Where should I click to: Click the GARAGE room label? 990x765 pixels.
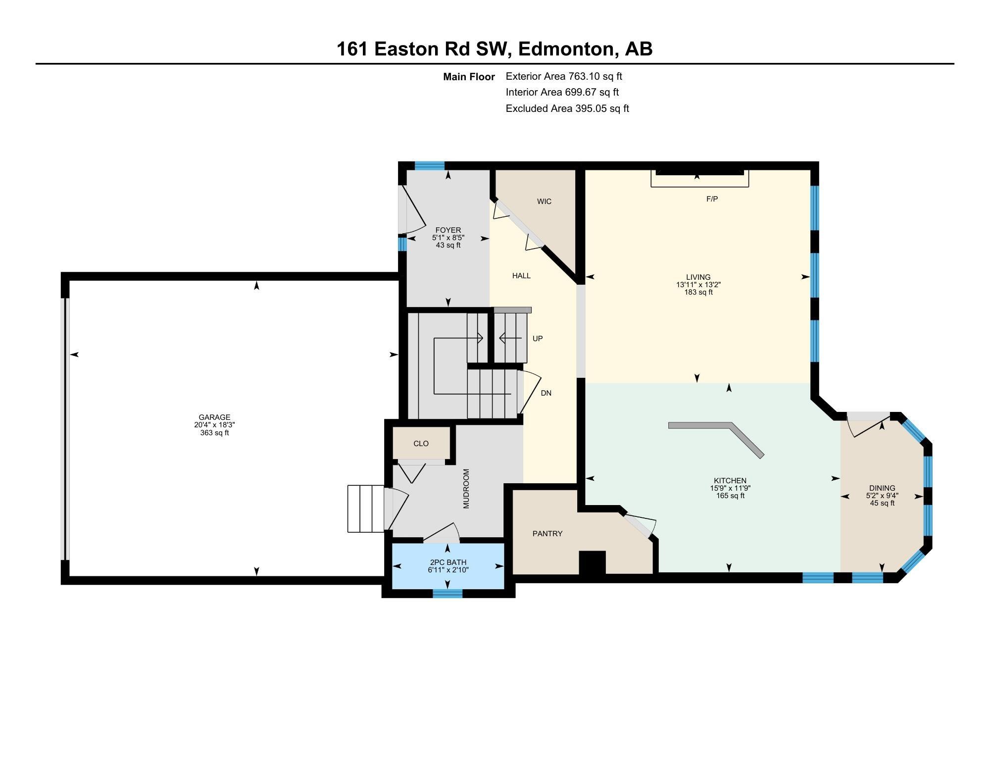point(214,417)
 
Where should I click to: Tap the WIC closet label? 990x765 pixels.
point(544,202)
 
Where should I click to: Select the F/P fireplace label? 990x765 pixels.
point(712,199)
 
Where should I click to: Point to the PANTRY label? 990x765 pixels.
point(547,534)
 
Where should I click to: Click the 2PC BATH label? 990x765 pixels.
point(448,562)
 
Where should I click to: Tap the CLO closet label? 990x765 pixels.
point(421,444)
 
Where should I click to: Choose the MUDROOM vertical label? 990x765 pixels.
point(466,489)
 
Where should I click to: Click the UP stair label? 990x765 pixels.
point(538,339)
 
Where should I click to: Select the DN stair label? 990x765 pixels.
point(546,393)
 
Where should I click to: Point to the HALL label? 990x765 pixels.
point(521,276)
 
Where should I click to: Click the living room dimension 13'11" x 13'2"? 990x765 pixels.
point(698,285)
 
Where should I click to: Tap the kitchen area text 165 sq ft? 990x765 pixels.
point(730,496)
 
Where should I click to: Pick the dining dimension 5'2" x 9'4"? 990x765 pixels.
point(882,496)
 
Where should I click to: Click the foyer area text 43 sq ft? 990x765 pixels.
point(448,245)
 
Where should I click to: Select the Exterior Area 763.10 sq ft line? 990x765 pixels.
point(564,76)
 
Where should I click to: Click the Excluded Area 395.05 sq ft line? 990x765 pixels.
point(567,108)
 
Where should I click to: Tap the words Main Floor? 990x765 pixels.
point(469,77)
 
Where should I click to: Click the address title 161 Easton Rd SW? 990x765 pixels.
point(423,49)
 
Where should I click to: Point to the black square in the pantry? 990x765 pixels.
point(593,562)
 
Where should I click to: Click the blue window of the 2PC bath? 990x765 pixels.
point(447,593)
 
